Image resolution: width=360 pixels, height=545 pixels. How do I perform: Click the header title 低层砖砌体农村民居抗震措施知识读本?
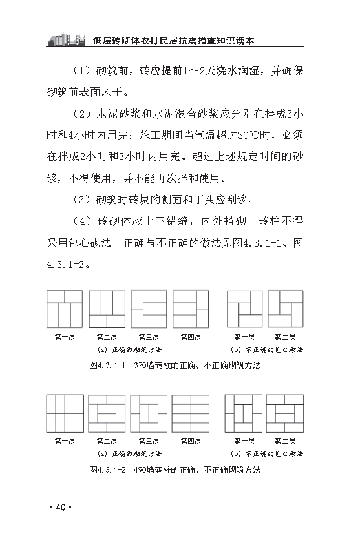(x=173, y=40)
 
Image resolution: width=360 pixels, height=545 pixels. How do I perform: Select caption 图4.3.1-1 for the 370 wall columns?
(x=175, y=365)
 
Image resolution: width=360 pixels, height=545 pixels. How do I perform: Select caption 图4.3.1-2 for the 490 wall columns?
(x=175, y=470)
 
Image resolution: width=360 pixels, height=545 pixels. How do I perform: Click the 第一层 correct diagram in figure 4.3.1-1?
(x=65, y=309)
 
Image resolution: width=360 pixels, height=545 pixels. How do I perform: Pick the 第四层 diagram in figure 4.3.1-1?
(x=191, y=309)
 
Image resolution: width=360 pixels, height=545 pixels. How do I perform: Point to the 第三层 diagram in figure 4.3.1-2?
(x=149, y=413)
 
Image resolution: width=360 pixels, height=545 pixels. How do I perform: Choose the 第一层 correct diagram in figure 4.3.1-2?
(x=65, y=413)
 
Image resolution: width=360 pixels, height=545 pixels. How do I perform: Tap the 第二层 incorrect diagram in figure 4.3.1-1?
(x=285, y=309)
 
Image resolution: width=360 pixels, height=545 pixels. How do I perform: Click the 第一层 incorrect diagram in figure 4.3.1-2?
(x=243, y=413)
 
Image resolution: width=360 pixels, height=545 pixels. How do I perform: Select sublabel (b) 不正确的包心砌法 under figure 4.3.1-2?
(x=267, y=454)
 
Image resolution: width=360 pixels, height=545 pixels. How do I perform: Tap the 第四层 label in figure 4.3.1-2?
(x=191, y=442)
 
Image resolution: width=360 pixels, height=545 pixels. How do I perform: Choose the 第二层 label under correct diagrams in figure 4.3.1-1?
(x=107, y=337)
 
